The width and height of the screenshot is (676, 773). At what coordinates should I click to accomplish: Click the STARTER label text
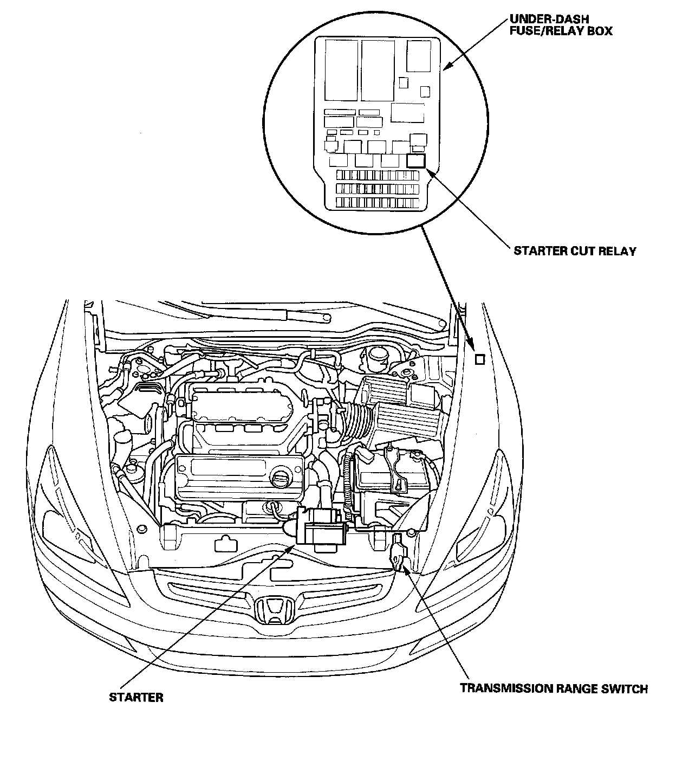click(136, 697)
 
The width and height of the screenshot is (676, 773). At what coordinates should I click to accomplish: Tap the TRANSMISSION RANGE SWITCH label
click(554, 689)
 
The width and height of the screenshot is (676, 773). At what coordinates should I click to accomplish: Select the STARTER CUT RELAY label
click(575, 250)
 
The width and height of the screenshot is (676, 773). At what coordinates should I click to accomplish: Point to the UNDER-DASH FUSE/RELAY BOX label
click(561, 25)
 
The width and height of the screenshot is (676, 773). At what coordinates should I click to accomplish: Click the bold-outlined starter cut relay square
click(416, 160)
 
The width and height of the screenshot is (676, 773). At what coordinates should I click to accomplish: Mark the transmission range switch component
click(399, 554)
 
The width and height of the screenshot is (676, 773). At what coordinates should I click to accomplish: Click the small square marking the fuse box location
click(479, 359)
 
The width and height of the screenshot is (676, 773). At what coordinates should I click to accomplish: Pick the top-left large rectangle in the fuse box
click(340, 70)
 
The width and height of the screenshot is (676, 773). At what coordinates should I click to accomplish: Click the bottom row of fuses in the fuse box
click(377, 202)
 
